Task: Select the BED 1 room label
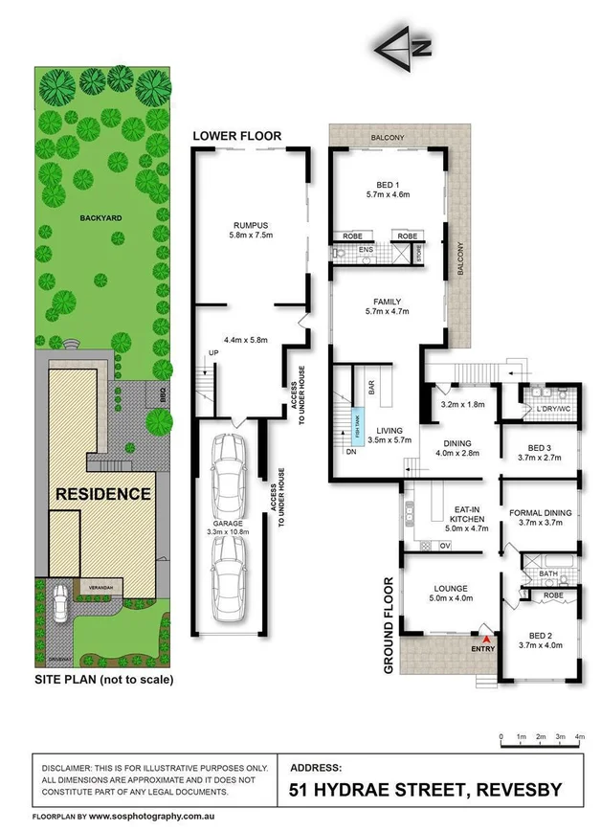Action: tap(388, 188)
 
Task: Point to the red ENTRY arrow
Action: tap(487, 638)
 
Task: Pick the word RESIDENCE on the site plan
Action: tap(103, 494)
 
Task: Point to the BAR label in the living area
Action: tap(370, 388)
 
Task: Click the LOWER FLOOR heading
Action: tap(237, 136)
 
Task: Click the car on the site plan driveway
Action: tap(60, 603)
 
